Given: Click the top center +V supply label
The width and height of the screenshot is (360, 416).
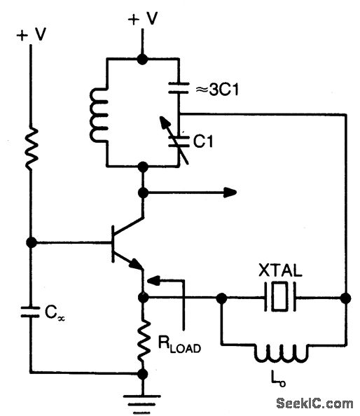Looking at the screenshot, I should pos(142,19).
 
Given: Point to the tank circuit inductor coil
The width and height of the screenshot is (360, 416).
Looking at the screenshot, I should pos(99,113).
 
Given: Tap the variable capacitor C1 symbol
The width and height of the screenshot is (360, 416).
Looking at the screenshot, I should pos(179,139).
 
